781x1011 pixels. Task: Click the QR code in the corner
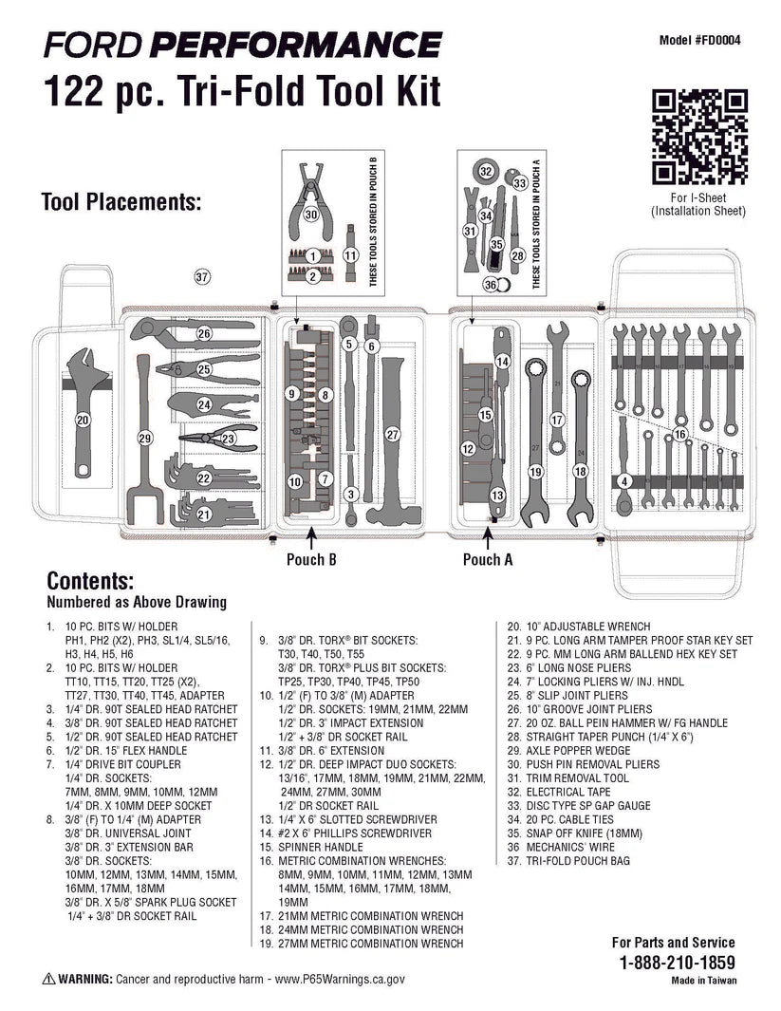point(700,139)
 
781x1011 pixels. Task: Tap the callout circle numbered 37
point(201,277)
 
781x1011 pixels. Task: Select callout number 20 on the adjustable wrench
point(83,419)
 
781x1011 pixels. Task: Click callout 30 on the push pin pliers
point(310,215)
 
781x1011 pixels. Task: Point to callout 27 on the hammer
point(391,433)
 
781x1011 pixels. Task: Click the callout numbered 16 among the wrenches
point(679,434)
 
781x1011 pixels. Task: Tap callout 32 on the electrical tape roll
point(486,172)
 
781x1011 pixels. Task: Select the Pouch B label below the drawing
point(311,560)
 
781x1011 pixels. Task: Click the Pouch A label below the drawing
point(488,560)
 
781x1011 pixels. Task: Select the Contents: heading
point(90,581)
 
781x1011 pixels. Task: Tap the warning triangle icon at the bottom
point(47,978)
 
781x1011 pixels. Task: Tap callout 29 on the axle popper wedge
point(144,439)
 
